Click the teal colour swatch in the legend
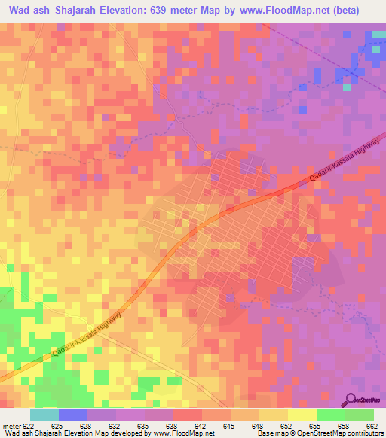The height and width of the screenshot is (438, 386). [x=44, y=415]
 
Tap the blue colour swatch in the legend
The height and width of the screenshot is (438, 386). [x=73, y=415]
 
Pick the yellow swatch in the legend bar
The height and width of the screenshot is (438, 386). [x=302, y=415]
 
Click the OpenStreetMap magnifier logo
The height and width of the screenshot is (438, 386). [x=350, y=400]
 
